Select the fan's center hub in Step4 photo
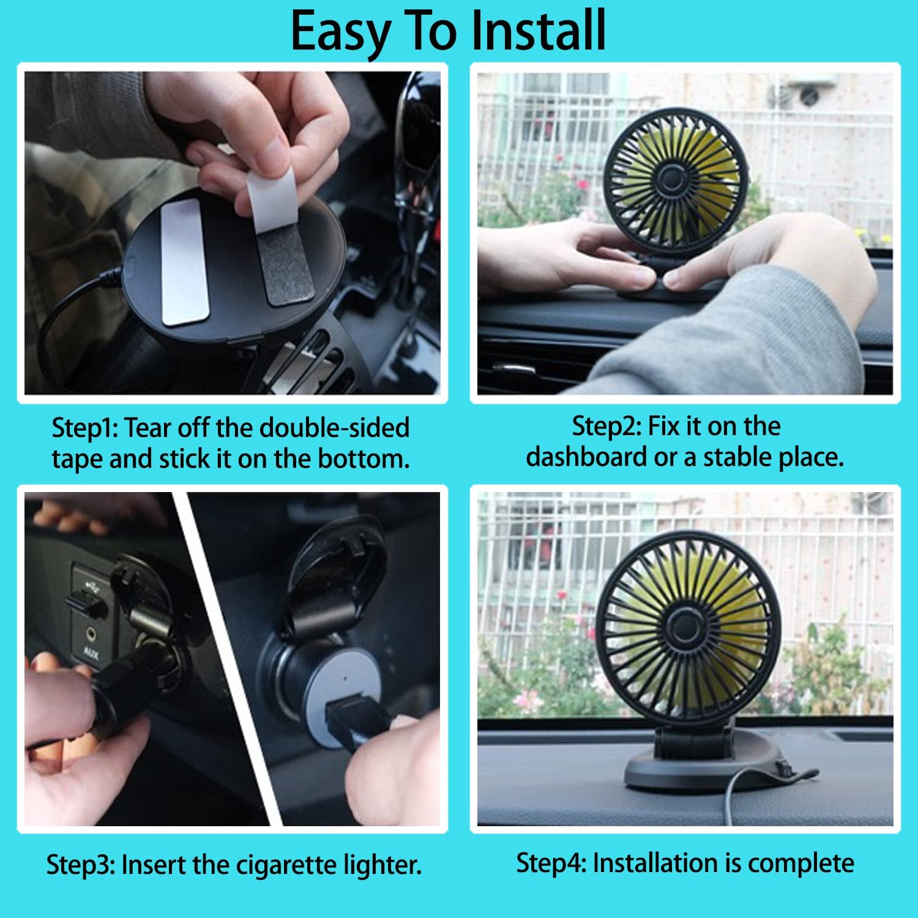(x=681, y=627)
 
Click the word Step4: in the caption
(x=551, y=863)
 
